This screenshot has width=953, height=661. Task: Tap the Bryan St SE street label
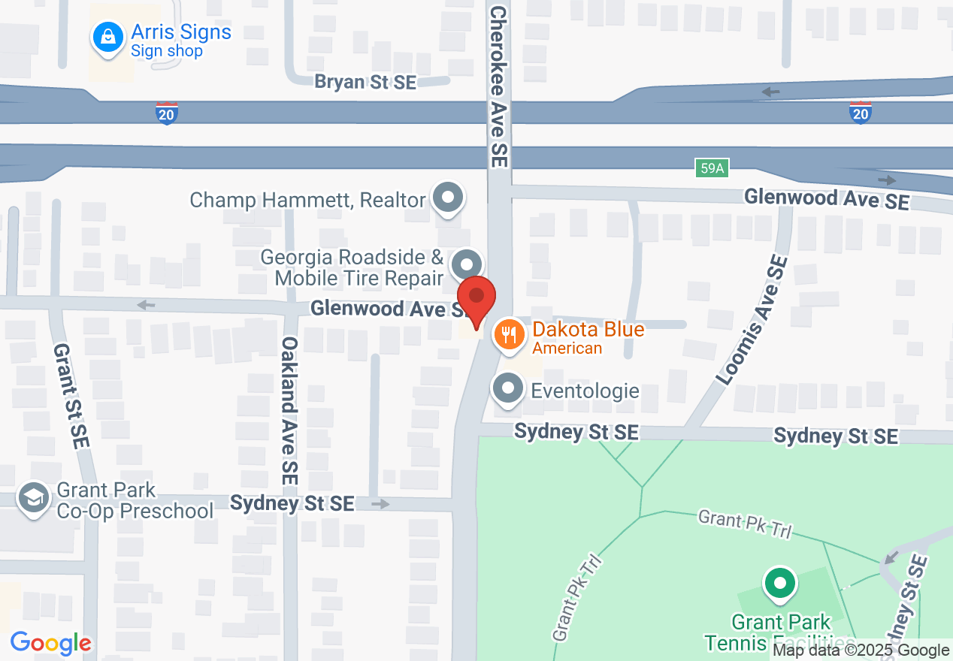(x=365, y=82)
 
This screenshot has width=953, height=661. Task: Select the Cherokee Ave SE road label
(x=499, y=87)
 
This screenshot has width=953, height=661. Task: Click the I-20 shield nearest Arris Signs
(x=167, y=113)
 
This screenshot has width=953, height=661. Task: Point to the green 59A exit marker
(x=711, y=168)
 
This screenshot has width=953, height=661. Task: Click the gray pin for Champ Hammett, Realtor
(x=449, y=198)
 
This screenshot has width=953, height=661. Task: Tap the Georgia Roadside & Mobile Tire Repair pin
(x=467, y=264)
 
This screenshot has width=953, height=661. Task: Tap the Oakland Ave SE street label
(x=289, y=409)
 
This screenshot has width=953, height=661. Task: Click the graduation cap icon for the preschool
(x=34, y=499)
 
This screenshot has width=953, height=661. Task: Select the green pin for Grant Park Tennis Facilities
(x=780, y=584)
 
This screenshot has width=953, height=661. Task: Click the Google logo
(x=51, y=643)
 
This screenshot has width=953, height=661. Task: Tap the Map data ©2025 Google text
(x=861, y=650)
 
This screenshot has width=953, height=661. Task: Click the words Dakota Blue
(x=588, y=330)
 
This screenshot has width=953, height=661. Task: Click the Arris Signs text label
(x=181, y=32)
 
